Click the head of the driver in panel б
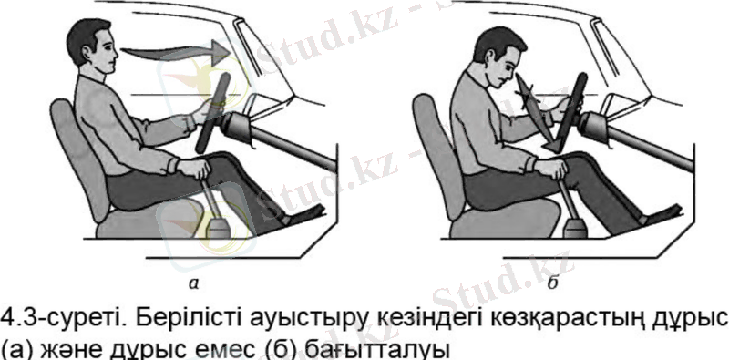[498, 58]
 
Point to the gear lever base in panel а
[219, 228]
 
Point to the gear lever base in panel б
[577, 228]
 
